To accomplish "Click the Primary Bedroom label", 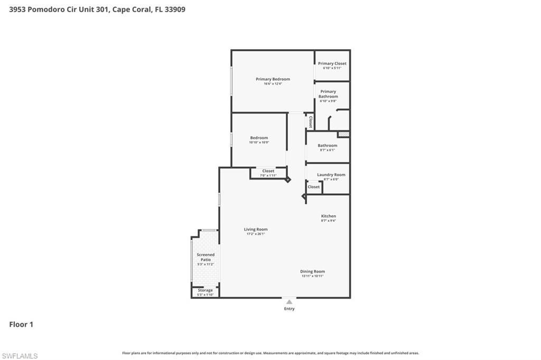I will (x=273, y=79).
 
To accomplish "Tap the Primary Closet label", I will (x=332, y=63).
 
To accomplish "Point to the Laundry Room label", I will (x=331, y=175).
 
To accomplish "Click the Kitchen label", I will (x=328, y=216).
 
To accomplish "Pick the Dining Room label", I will (x=313, y=271).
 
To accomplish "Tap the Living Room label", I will (x=256, y=229).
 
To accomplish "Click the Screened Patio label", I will (x=206, y=257).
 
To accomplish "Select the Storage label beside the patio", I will (x=206, y=290).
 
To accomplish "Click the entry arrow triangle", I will (x=289, y=302).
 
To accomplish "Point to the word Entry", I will (x=289, y=309).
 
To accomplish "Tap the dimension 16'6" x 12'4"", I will (x=273, y=84).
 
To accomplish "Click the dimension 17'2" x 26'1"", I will (x=256, y=234).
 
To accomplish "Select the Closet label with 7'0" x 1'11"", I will (x=268, y=171).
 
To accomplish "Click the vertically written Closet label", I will (x=310, y=122).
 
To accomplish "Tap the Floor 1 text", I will (x=21, y=325).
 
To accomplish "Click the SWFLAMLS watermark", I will (x=20, y=356).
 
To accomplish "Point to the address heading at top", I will (x=97, y=10).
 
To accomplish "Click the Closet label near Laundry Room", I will (x=314, y=187).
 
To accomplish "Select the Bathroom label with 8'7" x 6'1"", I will (x=328, y=146).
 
